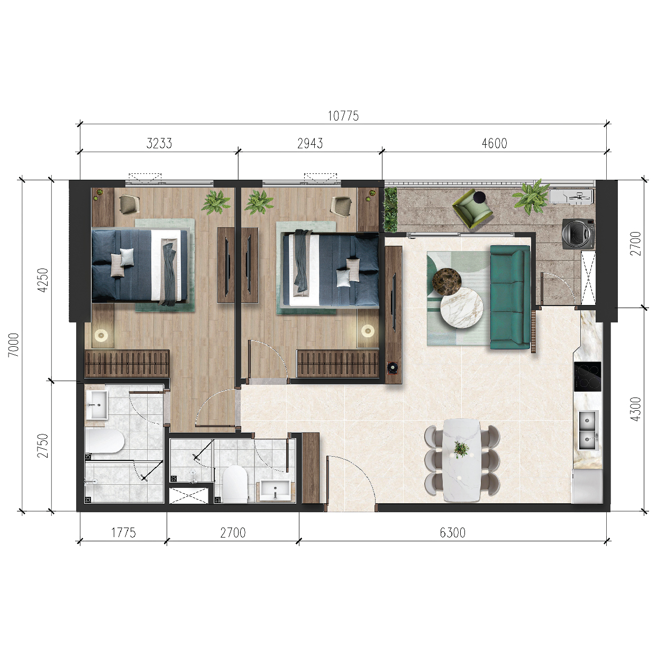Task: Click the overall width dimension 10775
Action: point(343,116)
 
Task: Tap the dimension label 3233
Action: point(159,143)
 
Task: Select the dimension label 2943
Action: point(310,143)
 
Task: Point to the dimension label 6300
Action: point(452,532)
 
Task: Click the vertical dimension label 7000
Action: point(14,345)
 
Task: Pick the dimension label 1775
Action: point(123,532)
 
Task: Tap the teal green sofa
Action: point(510,297)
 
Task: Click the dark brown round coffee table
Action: point(447,281)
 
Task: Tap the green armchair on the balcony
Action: point(472,209)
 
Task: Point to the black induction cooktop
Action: point(588,377)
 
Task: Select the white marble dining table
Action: point(462,461)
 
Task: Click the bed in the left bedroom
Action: point(140,265)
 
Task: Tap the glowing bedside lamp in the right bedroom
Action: point(368,330)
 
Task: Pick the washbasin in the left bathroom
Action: point(96,405)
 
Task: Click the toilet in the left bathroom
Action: point(104,441)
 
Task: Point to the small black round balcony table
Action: point(480,196)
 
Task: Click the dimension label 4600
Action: point(495,143)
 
